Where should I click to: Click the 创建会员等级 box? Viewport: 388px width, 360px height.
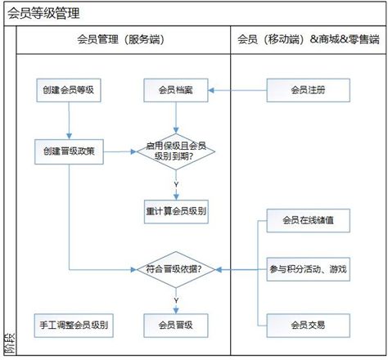[x=69, y=90]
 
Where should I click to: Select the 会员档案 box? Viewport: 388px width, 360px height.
[x=176, y=90]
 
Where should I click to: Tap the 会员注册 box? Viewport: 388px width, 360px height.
[x=309, y=90]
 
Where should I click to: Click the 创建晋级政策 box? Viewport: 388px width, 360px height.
[x=69, y=151]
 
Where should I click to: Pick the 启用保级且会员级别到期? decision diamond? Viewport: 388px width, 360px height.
[x=176, y=151]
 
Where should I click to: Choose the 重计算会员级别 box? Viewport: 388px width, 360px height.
[x=176, y=212]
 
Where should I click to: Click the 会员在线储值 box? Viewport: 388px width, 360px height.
[x=309, y=221]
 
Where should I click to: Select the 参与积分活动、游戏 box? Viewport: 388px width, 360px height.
[x=309, y=269]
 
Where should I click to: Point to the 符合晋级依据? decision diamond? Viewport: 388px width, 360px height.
[x=176, y=270]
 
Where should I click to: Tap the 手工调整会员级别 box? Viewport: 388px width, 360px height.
[x=74, y=326]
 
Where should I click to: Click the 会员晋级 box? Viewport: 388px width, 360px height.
[x=176, y=326]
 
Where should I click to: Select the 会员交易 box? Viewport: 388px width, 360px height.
[x=309, y=326]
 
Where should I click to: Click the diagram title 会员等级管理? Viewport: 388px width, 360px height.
[x=43, y=13]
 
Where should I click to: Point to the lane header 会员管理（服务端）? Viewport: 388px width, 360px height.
[x=121, y=39]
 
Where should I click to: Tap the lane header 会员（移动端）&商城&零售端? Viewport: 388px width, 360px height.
[x=309, y=39]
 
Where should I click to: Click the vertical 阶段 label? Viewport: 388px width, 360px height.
[x=10, y=343]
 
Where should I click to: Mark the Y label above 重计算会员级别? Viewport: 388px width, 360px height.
[x=176, y=185]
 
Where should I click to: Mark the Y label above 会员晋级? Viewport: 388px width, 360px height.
[x=176, y=300]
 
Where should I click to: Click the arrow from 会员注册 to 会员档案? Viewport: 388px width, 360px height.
[x=237, y=90]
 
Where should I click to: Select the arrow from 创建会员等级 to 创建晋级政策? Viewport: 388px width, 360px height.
[x=69, y=120]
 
